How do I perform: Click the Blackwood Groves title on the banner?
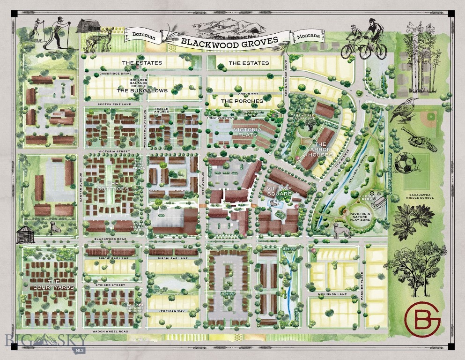click(x=229, y=41)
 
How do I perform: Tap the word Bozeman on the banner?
click(x=143, y=35)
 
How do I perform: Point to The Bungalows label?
click(x=142, y=90)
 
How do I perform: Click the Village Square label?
click(x=280, y=191)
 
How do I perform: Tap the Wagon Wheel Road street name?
click(x=111, y=331)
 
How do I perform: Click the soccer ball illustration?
click(x=405, y=163)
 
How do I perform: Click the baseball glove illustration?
click(x=418, y=140)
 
